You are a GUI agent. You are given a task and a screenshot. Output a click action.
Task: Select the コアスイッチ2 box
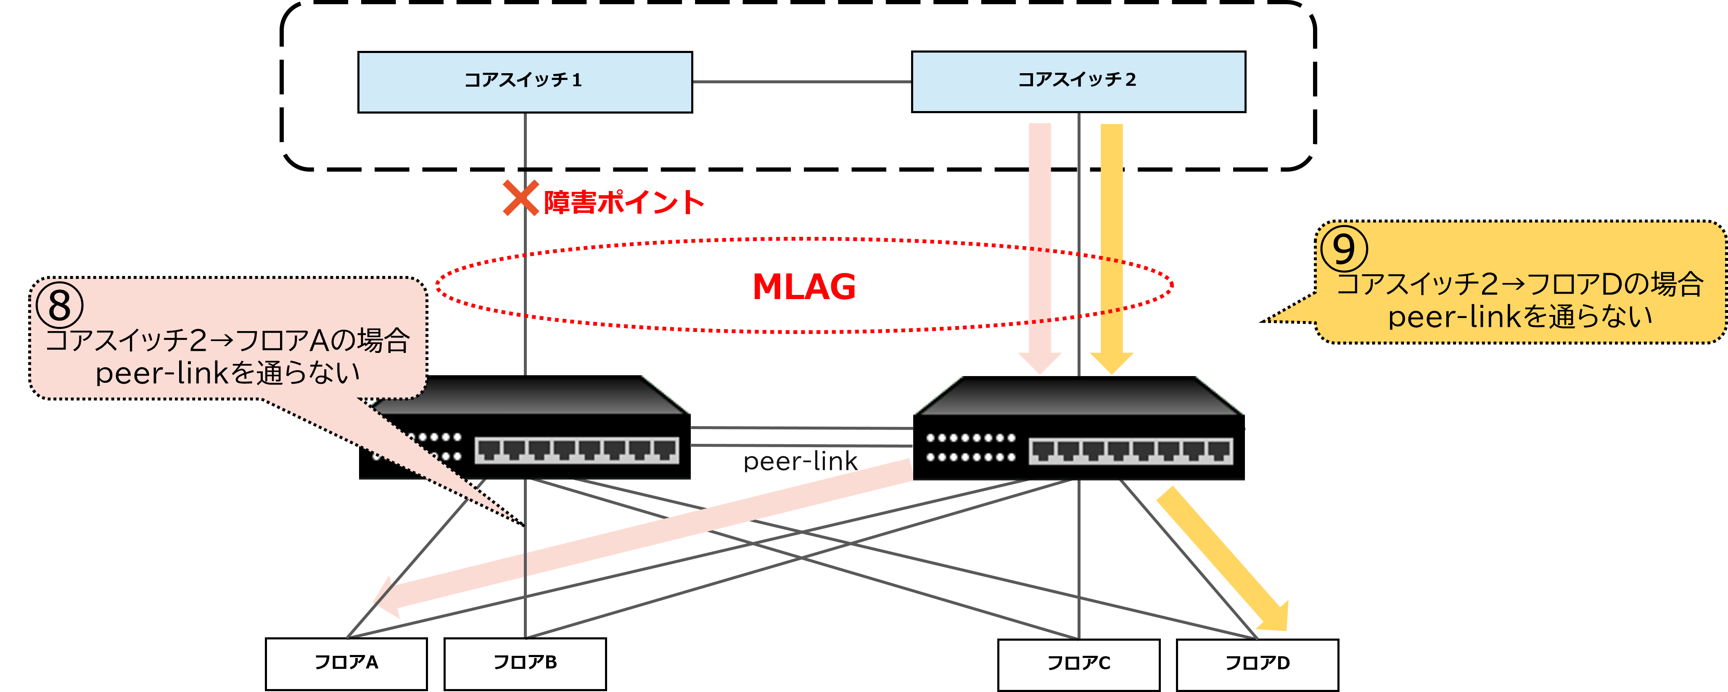1078,81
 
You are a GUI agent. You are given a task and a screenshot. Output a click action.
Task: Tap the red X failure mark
521,198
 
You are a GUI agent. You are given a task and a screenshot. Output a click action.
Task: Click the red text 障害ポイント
624,202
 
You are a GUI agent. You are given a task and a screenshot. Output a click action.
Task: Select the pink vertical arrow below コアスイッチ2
1040,241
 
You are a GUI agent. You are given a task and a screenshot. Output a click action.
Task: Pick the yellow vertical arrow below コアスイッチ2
1112,241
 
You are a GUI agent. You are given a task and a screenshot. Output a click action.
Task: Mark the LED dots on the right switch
970,448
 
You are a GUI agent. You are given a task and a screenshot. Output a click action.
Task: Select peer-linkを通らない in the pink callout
228,373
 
